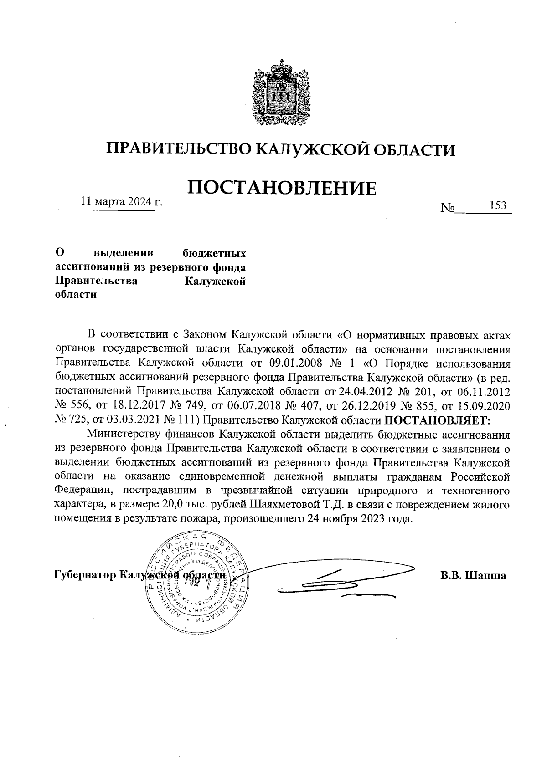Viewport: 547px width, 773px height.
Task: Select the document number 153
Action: coord(498,205)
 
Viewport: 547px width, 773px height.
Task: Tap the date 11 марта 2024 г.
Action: coord(121,201)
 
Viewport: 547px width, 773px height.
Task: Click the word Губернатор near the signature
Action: coord(84,575)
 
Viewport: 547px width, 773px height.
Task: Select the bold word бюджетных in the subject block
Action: coord(214,253)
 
